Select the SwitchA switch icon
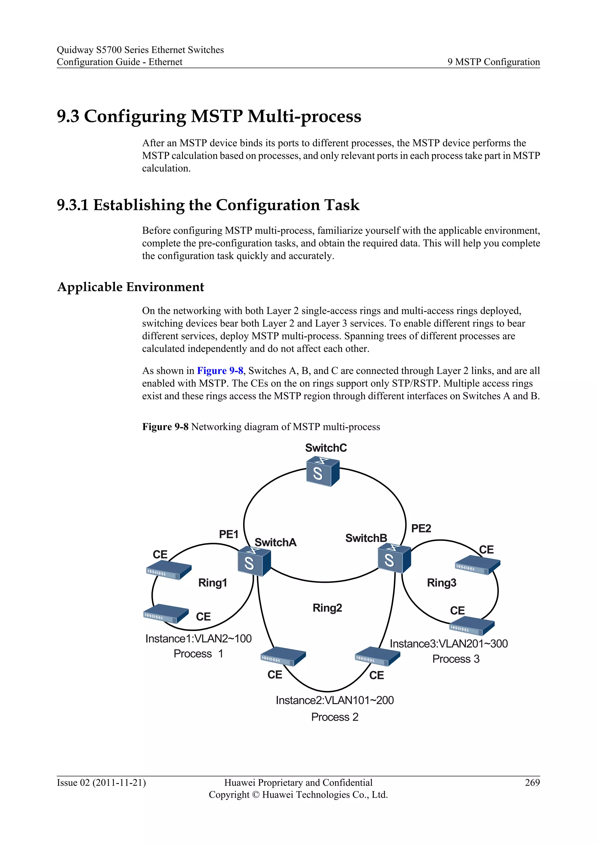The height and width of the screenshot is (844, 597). point(254,561)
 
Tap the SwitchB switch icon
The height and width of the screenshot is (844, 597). point(394,558)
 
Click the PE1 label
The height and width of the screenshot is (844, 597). point(229,534)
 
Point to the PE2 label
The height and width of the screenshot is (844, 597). point(421,528)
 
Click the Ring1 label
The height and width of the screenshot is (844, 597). point(213,583)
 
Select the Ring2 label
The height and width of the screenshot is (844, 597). point(327,608)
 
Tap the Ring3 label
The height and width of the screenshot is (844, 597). point(442,583)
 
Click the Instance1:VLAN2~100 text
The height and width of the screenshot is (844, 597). point(199,639)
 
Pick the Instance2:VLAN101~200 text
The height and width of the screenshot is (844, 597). point(335,700)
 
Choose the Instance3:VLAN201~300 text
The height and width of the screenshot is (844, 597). point(449,644)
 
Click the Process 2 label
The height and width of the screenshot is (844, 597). point(335,717)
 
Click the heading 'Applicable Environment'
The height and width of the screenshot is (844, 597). point(131,287)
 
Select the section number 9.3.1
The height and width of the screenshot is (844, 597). point(72,205)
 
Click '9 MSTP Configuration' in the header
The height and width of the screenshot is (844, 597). point(493,62)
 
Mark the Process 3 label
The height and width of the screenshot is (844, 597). point(456,659)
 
